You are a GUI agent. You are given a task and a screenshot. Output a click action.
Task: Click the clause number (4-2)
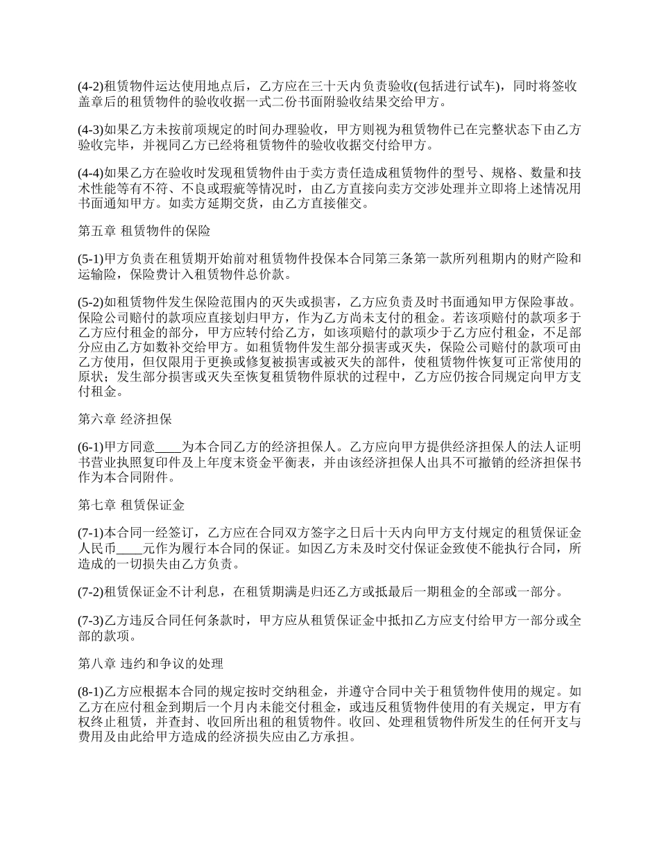pos(90,87)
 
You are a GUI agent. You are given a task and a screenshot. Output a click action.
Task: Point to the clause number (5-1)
pos(90,258)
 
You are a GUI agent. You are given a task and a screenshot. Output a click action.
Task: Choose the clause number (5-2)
pos(90,301)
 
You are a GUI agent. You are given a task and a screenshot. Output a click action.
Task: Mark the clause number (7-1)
pos(90,533)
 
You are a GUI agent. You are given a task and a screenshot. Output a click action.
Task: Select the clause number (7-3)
pos(90,620)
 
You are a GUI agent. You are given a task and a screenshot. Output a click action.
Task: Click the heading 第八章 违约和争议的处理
pos(150,664)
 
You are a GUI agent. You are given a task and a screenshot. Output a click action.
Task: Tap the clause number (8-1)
pos(90,691)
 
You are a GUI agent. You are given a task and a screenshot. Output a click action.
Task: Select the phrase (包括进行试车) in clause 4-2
pos(455,87)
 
